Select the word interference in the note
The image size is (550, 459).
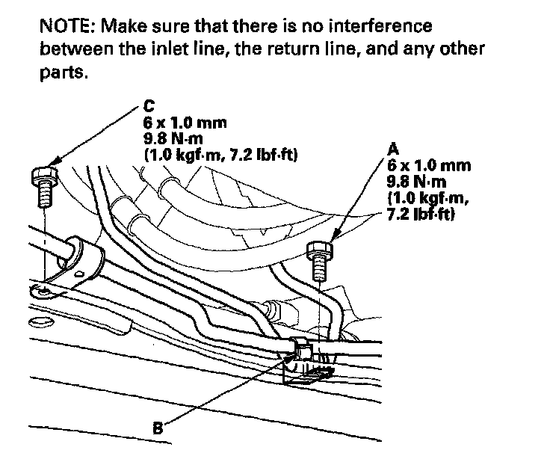pyautogui.click(x=379, y=27)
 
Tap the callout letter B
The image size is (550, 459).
pyautogui.click(x=157, y=428)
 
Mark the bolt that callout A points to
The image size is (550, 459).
pyautogui.click(x=318, y=258)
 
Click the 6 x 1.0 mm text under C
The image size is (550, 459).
pyautogui.click(x=184, y=122)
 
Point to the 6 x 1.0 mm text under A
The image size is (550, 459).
pyautogui.click(x=429, y=164)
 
